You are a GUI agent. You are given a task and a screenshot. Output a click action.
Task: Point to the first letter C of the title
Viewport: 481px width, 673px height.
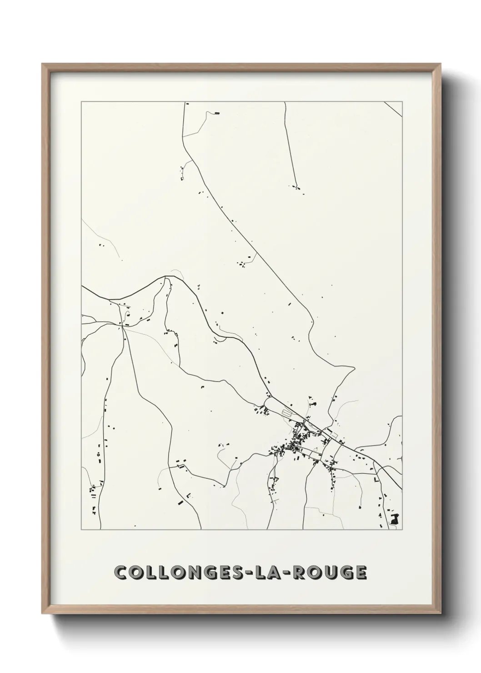[121, 573]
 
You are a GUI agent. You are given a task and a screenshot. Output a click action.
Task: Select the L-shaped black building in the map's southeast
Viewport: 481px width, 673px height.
[376, 479]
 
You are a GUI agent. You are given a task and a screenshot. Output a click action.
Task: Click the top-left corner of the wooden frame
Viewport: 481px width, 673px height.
[43, 65]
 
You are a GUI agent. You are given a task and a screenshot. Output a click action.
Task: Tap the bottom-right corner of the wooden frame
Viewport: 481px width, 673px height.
[440, 613]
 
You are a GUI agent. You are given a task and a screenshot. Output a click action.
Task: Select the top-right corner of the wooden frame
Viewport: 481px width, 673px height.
[440, 65]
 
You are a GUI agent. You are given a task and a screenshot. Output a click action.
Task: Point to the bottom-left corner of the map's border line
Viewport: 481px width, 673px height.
[81, 530]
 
